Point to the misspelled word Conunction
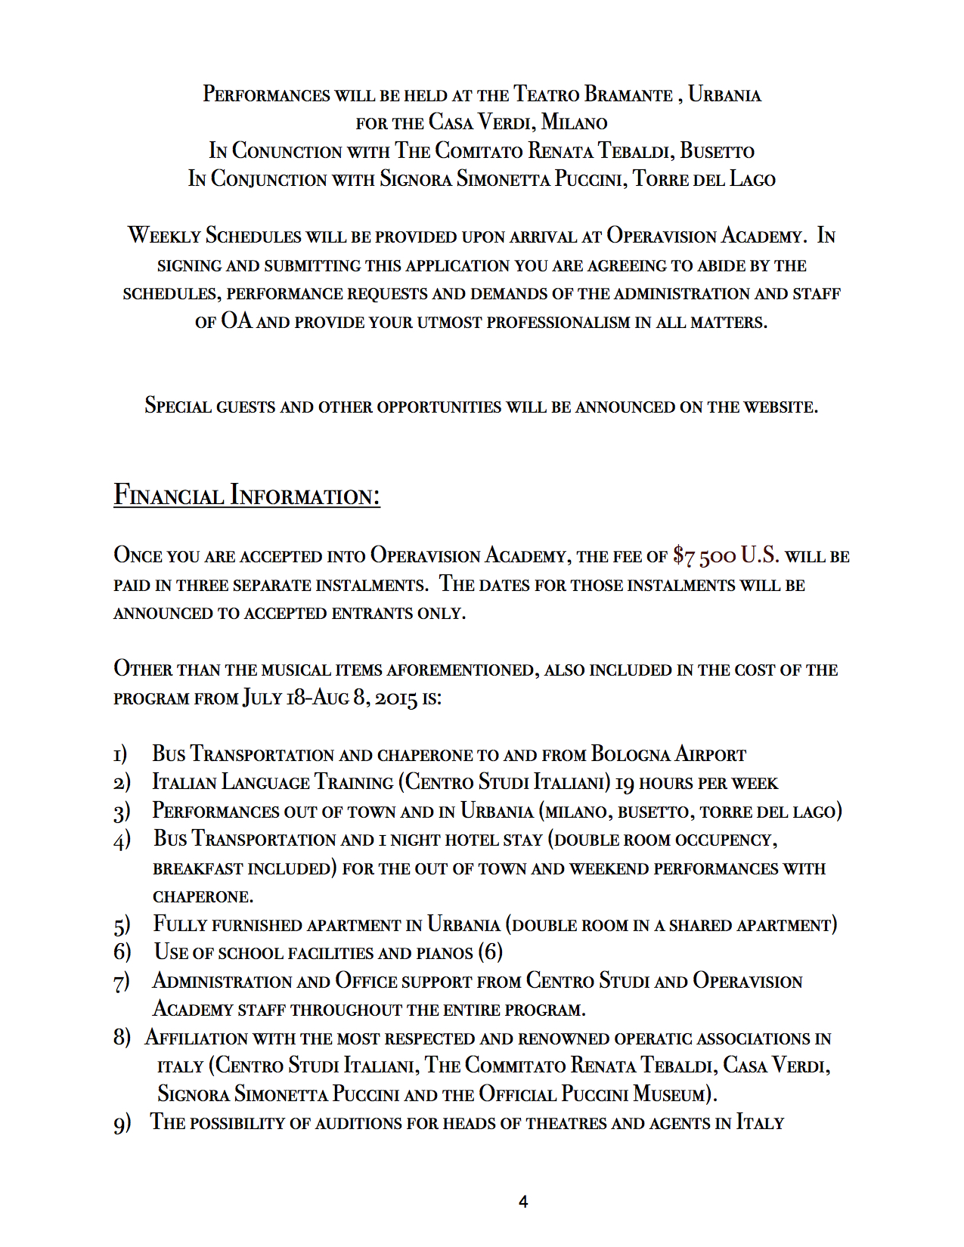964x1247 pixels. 287,150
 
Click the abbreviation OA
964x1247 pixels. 236,321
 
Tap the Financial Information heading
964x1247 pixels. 246,495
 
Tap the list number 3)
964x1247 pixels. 122,812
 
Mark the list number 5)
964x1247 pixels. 122,925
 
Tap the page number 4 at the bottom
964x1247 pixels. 523,1202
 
